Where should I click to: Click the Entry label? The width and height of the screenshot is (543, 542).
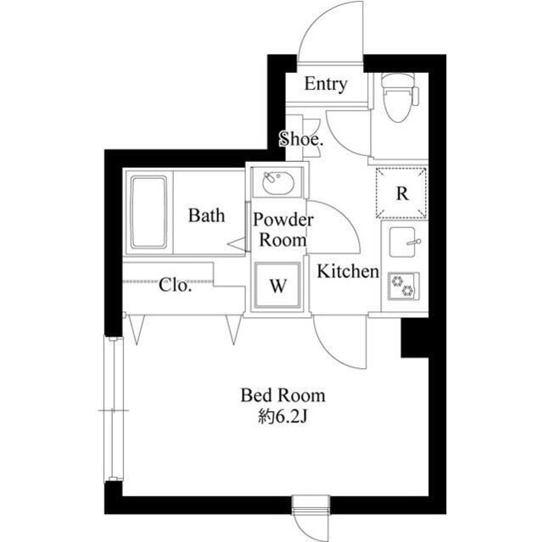tap(326, 84)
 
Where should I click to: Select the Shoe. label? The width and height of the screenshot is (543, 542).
tap(301, 140)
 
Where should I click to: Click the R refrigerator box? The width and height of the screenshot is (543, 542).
tap(403, 193)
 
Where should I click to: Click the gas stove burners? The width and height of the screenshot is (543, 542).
tap(400, 287)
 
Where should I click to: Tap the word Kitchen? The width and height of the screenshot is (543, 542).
tap(347, 271)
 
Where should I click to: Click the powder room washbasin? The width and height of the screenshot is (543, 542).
tap(277, 182)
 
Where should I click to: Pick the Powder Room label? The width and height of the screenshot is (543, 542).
tap(283, 230)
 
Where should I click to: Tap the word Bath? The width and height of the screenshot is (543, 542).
tap(206, 215)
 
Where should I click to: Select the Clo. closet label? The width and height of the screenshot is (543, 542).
tap(176, 285)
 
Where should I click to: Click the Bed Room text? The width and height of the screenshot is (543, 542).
tap(283, 395)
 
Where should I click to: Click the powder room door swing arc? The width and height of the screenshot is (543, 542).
tap(335, 222)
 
